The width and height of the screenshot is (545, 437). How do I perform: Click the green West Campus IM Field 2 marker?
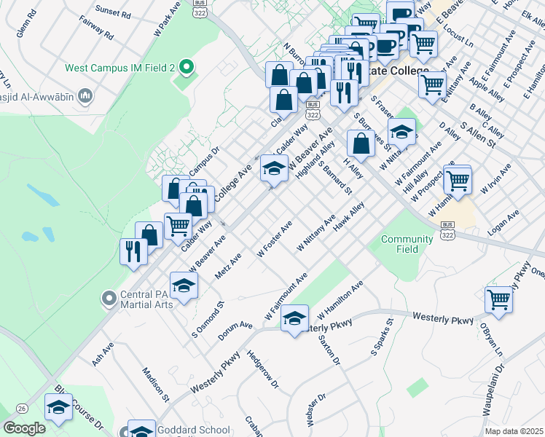[186, 68]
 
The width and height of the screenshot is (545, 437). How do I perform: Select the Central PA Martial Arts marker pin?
[109, 299]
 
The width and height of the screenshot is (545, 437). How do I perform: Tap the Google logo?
[24, 428]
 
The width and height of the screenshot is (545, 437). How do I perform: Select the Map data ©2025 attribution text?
[513, 431]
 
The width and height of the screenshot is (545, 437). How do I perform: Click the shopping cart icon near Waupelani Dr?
[499, 299]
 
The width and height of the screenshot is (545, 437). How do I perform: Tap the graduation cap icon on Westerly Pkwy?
[294, 318]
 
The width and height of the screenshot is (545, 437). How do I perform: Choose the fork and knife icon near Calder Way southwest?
[133, 251]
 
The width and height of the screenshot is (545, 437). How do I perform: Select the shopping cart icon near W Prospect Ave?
[458, 179]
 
